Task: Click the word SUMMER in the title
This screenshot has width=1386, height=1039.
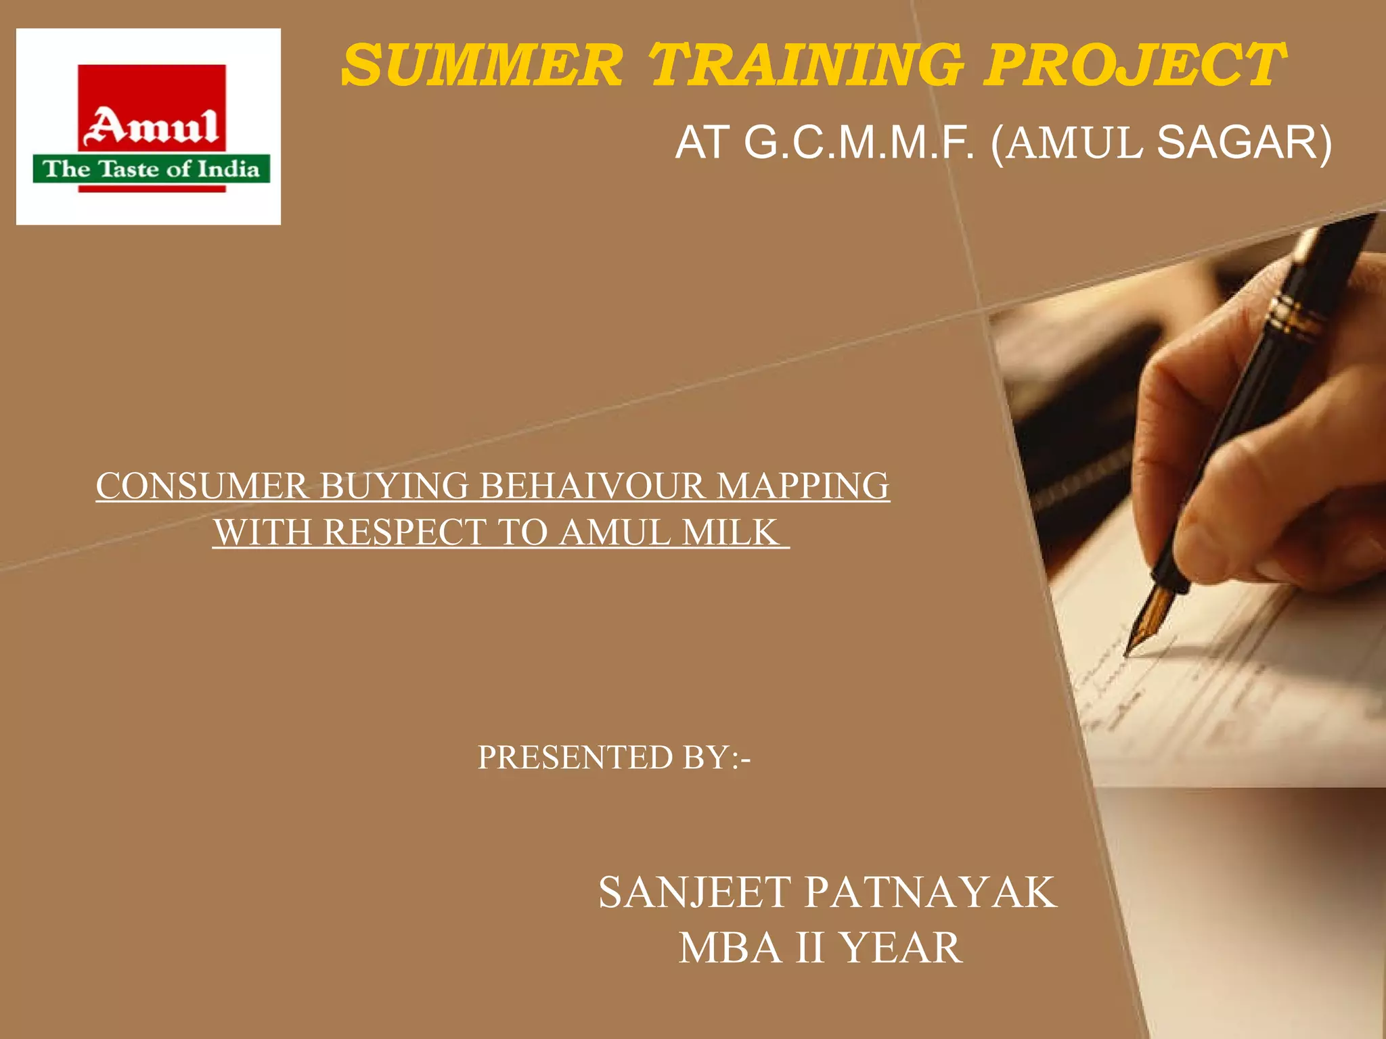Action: (x=482, y=66)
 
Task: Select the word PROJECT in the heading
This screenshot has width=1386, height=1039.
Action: (x=1133, y=66)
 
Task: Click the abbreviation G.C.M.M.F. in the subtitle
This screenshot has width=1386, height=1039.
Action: (x=859, y=143)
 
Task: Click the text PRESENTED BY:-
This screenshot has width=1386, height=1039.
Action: (x=614, y=757)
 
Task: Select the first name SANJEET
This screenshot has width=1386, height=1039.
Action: (x=694, y=892)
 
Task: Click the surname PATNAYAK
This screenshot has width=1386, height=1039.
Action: (x=931, y=892)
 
